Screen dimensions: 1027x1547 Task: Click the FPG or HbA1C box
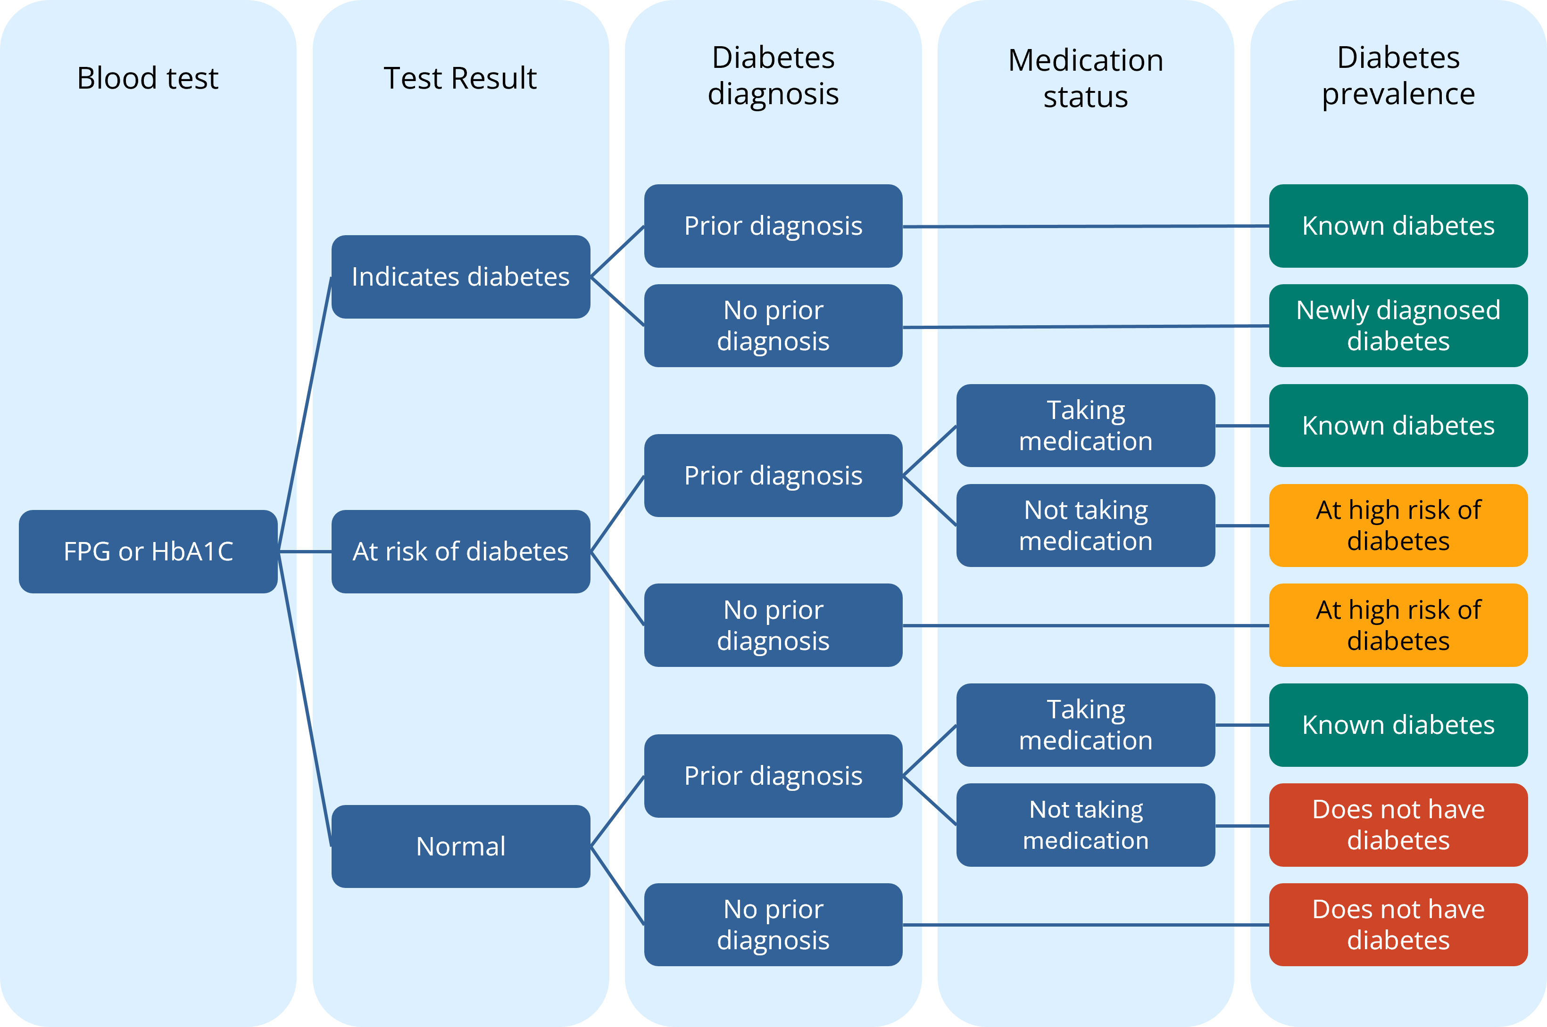pos(148,551)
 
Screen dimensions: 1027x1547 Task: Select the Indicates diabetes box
pos(461,276)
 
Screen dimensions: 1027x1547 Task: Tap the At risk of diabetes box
pos(461,551)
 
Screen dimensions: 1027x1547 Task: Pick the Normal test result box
pos(461,846)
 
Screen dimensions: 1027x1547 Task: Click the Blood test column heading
pos(148,78)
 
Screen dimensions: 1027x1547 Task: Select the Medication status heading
pos(1086,78)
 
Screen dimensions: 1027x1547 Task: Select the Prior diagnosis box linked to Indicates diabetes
pos(773,226)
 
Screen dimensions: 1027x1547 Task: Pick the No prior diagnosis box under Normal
pos(773,924)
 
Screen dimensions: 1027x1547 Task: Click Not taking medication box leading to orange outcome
pos(1086,526)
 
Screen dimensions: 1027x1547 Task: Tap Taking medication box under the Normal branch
pos(1086,725)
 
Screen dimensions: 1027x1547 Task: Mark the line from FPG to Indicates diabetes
pos(305,412)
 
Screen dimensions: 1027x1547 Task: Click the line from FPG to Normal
pos(305,701)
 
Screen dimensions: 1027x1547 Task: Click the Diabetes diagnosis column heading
pos(773,75)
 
